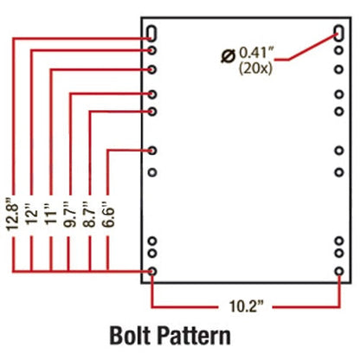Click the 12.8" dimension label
[13, 214]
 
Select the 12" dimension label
[32, 214]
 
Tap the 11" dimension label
[51, 214]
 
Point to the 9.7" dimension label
[70, 214]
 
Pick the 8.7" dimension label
[89, 214]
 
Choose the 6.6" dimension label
[108, 214]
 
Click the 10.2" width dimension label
[247, 305]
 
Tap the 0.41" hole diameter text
[256, 53]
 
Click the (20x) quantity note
[255, 69]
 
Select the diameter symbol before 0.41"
[228, 55]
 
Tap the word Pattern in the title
[194, 336]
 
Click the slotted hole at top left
[152, 34]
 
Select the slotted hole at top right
[339, 33]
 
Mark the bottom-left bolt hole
[152, 271]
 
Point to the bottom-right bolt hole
[339, 271]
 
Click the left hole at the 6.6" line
[152, 151]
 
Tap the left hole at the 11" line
[152, 69]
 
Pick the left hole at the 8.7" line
[152, 112]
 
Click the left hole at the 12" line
[152, 51]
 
